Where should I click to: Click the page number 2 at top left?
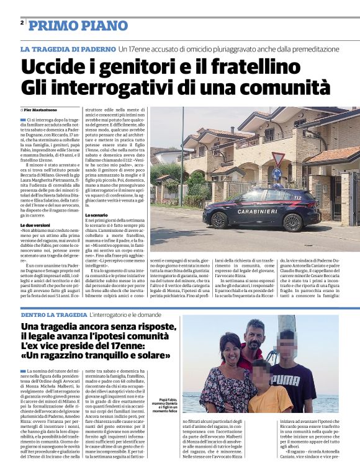pyautogui.click(x=22, y=23)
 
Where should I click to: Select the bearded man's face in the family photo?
pyautogui.click(x=255, y=335)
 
